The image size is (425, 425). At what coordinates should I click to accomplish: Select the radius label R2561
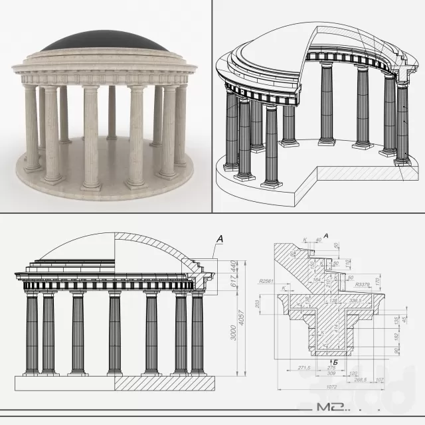(x=267, y=282)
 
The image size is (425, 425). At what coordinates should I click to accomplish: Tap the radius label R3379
(x=363, y=284)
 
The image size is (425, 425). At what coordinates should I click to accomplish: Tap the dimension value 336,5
(x=363, y=301)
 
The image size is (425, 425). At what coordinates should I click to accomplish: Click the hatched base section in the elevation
(x=166, y=384)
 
